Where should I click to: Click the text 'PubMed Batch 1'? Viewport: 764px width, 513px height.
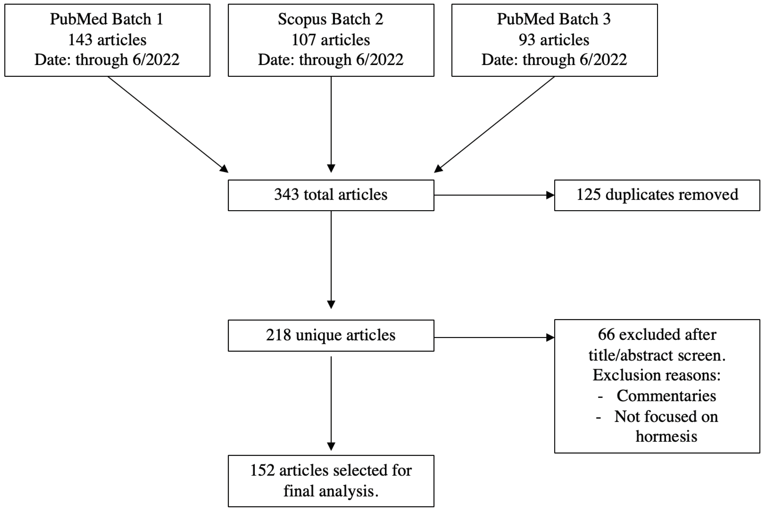click(x=106, y=19)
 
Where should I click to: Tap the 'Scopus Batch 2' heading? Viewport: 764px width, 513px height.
click(x=331, y=19)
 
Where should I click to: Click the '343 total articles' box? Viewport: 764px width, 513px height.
click(x=331, y=195)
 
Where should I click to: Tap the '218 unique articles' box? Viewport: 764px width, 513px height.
click(x=331, y=335)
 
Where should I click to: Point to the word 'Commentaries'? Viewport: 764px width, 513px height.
click(x=666, y=396)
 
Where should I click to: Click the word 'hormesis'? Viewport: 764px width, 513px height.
click(x=666, y=436)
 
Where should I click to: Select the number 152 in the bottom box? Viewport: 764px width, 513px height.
click(x=262, y=471)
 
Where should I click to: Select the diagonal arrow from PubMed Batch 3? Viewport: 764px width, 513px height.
click(x=494, y=124)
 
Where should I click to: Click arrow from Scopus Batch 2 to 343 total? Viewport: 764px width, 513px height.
click(x=331, y=124)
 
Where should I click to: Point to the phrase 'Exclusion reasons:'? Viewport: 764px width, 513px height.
click(x=656, y=375)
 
